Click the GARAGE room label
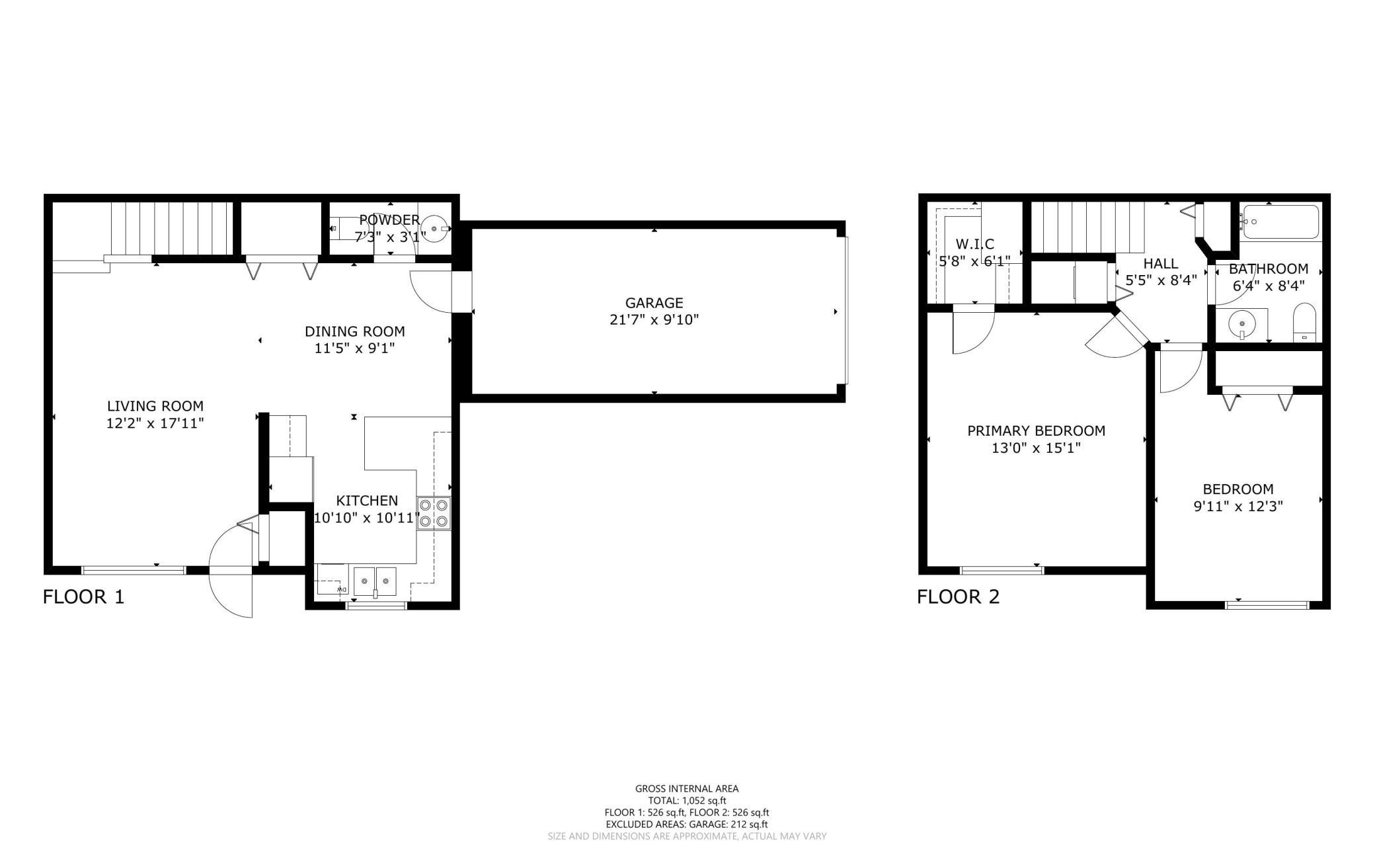654,303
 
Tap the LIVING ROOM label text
155,406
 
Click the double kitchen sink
375,582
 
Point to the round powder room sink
434,228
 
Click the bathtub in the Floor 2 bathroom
1280,222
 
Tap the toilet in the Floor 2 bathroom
1305,322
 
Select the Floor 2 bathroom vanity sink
1242,324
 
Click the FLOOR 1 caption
83,597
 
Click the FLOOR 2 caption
958,597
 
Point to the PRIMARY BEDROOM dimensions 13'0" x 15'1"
1036,448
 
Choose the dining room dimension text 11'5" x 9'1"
354,348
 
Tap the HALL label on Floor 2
1161,264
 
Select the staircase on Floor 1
172,229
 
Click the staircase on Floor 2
1088,227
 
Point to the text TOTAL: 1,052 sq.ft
687,800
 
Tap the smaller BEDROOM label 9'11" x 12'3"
1238,498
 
